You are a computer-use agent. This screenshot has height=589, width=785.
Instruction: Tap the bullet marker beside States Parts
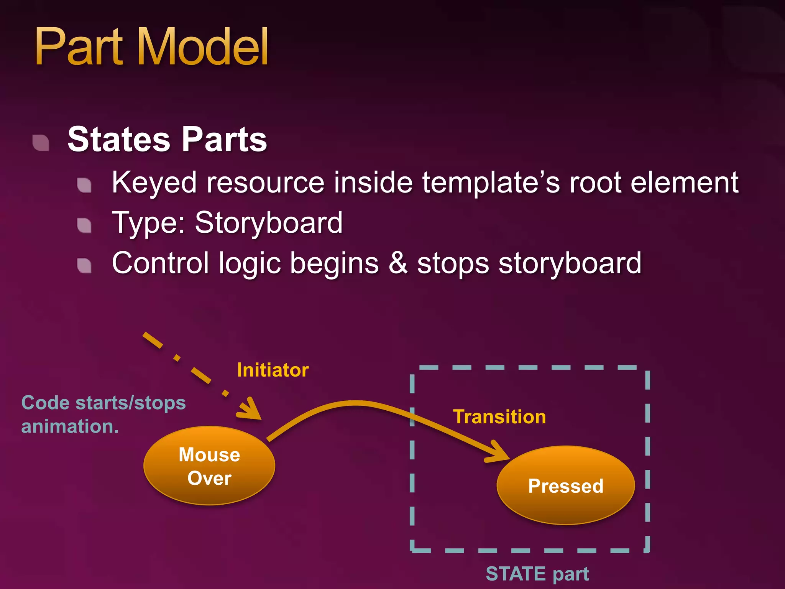pyautogui.click(x=41, y=143)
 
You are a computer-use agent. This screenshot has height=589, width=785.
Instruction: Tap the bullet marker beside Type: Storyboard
pyautogui.click(x=84, y=225)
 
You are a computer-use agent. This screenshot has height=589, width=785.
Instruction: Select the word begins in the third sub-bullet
pyautogui.click(x=334, y=264)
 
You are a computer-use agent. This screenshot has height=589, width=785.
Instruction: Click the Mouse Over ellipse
pyautogui.click(x=209, y=466)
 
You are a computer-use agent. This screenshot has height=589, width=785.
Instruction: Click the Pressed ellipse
pyautogui.click(x=566, y=485)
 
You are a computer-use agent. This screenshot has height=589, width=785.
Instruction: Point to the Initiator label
pyautogui.click(x=273, y=370)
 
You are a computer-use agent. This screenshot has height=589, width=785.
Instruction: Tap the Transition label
pyautogui.click(x=499, y=417)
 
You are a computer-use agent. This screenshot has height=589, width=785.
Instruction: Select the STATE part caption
pyautogui.click(x=537, y=574)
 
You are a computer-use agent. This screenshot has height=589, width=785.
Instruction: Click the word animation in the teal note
pyautogui.click(x=67, y=426)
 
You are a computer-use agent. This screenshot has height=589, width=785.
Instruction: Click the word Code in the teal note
pyautogui.click(x=46, y=403)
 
